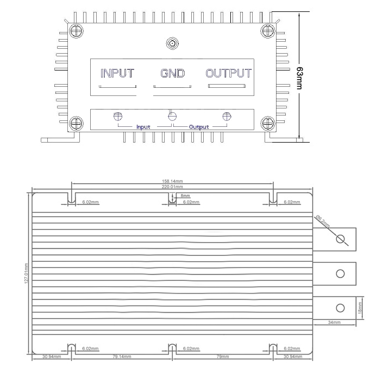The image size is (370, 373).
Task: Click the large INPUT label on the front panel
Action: (117, 73)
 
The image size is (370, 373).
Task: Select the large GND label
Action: (172, 73)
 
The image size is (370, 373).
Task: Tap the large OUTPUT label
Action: (228, 73)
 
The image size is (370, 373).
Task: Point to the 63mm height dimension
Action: (300, 78)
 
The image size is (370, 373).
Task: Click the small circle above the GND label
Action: (172, 42)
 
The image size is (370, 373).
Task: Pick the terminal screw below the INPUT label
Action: (117, 115)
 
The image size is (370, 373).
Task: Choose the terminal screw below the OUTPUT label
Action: (228, 115)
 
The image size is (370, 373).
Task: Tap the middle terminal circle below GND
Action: (173, 115)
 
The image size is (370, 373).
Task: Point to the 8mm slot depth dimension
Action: (185, 196)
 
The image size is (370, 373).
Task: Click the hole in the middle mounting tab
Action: (340, 273)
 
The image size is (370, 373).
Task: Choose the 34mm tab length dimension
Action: (334, 323)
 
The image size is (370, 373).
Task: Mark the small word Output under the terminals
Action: (199, 127)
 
